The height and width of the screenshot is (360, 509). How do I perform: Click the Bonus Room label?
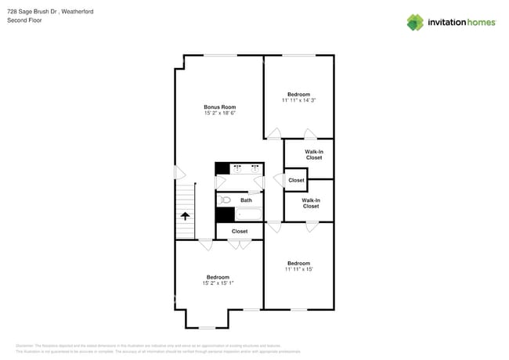point(219,107)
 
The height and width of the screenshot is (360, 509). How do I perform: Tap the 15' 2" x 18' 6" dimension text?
point(219,113)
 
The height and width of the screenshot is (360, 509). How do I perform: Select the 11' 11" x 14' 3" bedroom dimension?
point(298,100)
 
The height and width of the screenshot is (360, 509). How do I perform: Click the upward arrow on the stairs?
point(185,217)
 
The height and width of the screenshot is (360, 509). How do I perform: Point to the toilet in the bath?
point(225,200)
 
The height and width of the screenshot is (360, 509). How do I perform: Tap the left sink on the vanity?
point(236,168)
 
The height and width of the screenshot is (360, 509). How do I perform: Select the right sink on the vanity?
point(255,168)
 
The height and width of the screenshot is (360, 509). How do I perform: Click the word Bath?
point(246,200)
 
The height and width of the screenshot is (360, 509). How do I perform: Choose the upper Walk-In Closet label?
point(313,154)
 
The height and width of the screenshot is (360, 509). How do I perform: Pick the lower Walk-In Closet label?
point(311,203)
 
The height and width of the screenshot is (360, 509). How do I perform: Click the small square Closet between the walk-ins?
point(296,180)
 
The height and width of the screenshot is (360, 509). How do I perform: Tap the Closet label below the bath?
point(240,231)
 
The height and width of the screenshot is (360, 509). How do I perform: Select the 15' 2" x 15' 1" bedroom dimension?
point(218,283)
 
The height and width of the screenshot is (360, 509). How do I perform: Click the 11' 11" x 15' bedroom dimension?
point(298,269)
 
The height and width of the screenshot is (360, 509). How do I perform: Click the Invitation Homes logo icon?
point(414,22)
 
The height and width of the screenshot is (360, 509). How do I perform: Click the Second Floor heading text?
point(24,20)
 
